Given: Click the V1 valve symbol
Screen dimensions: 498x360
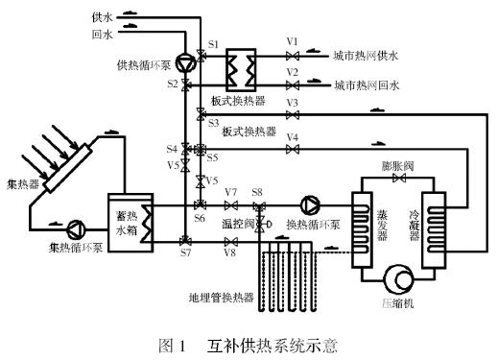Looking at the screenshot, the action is [293, 57].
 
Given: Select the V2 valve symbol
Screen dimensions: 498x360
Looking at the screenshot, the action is [293, 85].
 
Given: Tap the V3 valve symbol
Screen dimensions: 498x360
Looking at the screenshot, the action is [293, 115].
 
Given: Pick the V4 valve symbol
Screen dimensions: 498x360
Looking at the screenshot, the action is [293, 149].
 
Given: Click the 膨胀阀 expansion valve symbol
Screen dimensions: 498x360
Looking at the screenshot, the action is [399, 178].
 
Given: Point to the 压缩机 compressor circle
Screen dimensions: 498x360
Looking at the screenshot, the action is [398, 279].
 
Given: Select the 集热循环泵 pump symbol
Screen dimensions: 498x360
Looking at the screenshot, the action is [77, 229].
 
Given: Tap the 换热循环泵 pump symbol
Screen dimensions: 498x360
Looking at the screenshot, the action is [310, 205].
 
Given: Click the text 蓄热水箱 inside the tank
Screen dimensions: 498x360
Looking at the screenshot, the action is [127, 223].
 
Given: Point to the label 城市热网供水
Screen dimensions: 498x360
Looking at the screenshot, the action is [366, 56].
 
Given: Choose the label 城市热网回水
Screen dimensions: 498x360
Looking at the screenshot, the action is [368, 85].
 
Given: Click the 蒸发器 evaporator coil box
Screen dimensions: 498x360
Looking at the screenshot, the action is [362, 229].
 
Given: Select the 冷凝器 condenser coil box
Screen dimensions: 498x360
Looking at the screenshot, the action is [434, 229].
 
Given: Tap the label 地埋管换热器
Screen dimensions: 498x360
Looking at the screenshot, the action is [222, 298].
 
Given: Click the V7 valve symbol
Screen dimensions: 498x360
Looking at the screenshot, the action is [230, 205].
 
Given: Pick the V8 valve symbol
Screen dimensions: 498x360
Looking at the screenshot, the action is [230, 242].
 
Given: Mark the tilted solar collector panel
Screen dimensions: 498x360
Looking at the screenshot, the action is [67, 168].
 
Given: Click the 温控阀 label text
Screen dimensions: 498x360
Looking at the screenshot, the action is [238, 224].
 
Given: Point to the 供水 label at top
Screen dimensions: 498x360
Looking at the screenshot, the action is [102, 17].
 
